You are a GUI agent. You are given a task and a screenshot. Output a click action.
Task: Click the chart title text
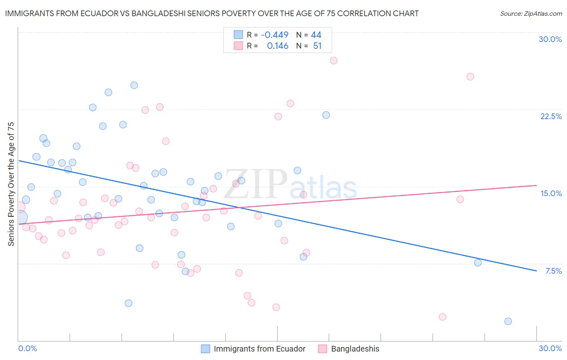click(x=212, y=13)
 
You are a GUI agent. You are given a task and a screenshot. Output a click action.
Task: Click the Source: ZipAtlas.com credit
click(x=531, y=13)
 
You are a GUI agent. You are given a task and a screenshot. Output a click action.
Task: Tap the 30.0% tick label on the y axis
click(x=550, y=39)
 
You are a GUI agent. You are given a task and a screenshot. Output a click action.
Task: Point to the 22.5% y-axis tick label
click(x=551, y=116)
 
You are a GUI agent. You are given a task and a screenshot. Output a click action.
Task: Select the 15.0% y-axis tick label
click(x=551, y=193)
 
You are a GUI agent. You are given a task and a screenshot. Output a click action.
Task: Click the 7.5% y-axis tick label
click(x=553, y=271)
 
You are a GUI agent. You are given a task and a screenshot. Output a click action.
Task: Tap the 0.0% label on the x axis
click(x=27, y=348)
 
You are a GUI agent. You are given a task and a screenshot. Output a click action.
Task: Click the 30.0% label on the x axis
click(x=550, y=348)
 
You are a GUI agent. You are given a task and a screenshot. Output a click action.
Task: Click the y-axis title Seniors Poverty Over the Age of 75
click(x=11, y=184)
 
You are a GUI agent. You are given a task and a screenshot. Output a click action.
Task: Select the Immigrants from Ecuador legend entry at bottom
click(x=259, y=349)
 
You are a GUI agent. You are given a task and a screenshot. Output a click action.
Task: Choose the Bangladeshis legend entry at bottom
click(x=355, y=349)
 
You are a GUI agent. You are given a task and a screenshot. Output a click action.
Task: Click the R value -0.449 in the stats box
click(x=275, y=35)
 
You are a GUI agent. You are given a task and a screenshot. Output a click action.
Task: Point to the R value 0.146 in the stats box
click(x=277, y=46)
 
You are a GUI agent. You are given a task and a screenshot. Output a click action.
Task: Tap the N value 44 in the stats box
click(x=316, y=35)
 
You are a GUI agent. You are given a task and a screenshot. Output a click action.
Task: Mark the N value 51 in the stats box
click(x=317, y=46)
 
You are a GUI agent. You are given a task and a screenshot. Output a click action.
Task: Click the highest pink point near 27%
click(x=334, y=61)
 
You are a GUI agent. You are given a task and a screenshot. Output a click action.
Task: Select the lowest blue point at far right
click(x=508, y=321)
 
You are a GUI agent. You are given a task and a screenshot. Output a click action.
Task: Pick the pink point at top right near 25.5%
click(x=470, y=77)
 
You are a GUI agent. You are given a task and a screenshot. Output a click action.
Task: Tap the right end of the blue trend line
click(x=536, y=270)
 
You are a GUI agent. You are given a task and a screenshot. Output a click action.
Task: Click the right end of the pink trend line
click(x=536, y=185)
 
